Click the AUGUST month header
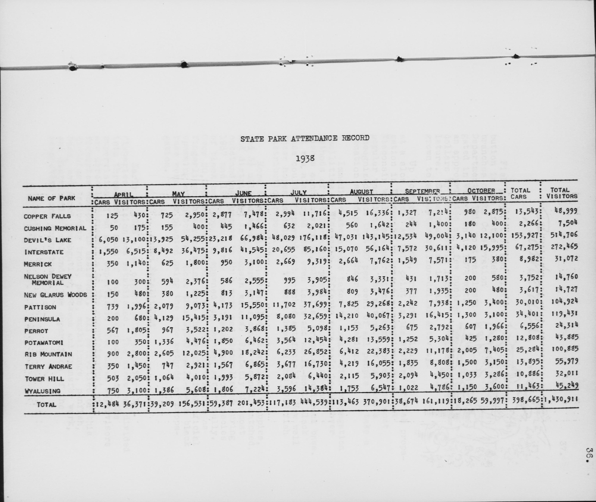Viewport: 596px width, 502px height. [361, 192]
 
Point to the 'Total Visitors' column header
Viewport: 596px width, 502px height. [560, 193]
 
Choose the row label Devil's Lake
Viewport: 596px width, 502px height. [47, 240]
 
